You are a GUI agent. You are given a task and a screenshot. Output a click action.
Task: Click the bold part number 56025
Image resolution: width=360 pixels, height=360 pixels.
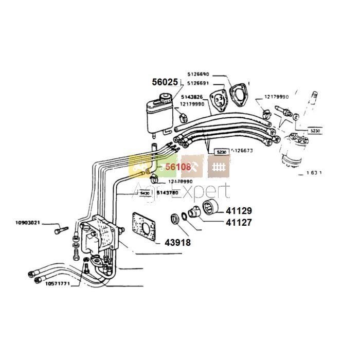click(165, 82)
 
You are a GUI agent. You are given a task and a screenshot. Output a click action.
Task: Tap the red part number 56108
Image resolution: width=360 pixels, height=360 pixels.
click(177, 167)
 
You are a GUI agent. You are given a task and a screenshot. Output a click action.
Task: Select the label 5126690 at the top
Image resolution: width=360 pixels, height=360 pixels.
click(199, 75)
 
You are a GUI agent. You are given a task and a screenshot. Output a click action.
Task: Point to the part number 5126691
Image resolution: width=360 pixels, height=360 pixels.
click(199, 83)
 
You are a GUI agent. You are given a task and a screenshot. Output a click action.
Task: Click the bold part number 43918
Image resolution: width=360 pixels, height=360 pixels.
click(178, 243)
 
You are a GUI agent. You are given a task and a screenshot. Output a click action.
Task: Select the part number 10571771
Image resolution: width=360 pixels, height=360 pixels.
click(58, 283)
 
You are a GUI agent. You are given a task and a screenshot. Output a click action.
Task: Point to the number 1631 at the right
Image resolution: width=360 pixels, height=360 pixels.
click(313, 173)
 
